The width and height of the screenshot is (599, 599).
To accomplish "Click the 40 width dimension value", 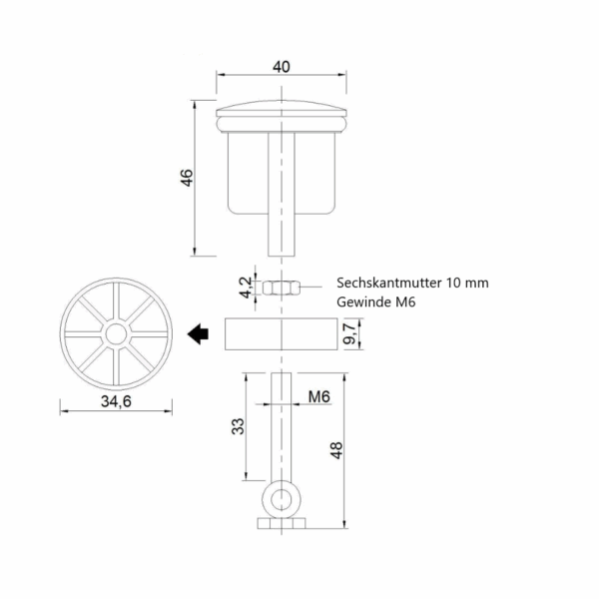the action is pyautogui.click(x=282, y=67).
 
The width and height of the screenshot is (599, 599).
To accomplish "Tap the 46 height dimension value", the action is pyautogui.click(x=187, y=178).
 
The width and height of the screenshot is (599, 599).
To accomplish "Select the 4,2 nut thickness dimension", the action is pyautogui.click(x=246, y=287).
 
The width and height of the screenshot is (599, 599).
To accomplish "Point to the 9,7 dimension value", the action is pyautogui.click(x=349, y=333).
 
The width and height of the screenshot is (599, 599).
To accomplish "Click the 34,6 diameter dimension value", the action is pyautogui.click(x=116, y=401).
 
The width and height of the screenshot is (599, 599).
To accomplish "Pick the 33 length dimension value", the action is pyautogui.click(x=238, y=426).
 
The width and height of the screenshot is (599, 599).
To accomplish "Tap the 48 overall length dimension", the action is pyautogui.click(x=336, y=450).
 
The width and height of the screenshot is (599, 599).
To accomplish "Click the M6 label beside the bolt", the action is pyautogui.click(x=319, y=397).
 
